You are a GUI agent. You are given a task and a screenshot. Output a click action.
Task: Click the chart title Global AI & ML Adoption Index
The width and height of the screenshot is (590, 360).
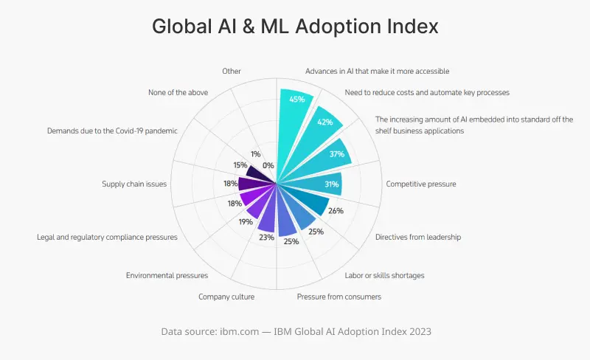point(295,27)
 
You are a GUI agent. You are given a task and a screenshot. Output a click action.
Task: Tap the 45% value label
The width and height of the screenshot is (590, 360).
point(297,99)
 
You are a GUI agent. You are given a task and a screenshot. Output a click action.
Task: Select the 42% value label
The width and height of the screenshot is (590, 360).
point(325,122)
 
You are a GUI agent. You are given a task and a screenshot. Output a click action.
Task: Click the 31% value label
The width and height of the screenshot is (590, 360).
point(331,184)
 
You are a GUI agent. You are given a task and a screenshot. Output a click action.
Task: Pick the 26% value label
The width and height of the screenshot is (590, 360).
point(336,211)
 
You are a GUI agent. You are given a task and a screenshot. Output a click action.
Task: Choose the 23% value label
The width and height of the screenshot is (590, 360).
point(266,238)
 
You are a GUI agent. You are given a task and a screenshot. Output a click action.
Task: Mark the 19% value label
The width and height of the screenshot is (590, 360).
point(244,221)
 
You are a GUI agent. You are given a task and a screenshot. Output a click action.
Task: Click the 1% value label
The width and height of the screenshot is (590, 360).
point(255,154)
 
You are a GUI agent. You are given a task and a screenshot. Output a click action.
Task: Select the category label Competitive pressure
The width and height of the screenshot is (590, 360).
point(421,184)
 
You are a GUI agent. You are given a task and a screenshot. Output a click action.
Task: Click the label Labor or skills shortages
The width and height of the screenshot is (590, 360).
point(384,276)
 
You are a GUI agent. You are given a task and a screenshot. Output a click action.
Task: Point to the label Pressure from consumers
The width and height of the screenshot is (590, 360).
point(339,297)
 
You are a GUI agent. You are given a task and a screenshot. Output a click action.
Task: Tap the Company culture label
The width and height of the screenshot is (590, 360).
point(226,297)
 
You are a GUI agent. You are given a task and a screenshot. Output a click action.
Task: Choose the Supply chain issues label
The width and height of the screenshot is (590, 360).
point(134,184)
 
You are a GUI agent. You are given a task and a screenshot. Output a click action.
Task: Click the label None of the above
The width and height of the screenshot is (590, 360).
point(178,92)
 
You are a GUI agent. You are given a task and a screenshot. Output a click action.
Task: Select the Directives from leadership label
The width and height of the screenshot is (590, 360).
point(417,238)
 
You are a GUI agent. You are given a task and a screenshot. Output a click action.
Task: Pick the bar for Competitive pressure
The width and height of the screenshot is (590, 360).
point(313,184)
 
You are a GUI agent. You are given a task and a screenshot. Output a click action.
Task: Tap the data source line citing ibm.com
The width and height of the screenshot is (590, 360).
point(296,332)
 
